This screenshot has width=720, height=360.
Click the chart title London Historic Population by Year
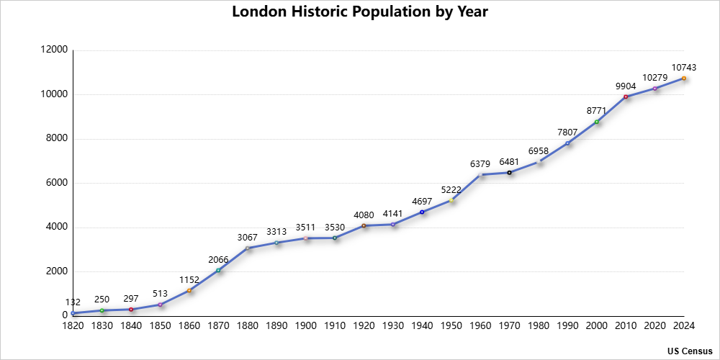[x=360, y=12]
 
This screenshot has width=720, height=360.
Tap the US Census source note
[x=689, y=351]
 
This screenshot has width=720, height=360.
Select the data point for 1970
[x=509, y=173]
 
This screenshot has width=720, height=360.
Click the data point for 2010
[x=626, y=96]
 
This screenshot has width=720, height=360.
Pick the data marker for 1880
[x=248, y=248]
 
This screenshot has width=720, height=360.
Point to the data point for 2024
[x=684, y=78]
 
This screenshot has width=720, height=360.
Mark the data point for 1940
[x=422, y=212]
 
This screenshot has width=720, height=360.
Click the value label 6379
[x=480, y=163]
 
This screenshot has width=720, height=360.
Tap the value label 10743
[x=684, y=67]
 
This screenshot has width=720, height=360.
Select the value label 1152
[x=189, y=279]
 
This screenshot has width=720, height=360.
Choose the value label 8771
[x=597, y=111]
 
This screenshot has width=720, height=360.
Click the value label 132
[x=73, y=302]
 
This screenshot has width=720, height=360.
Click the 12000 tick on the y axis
[x=56, y=50]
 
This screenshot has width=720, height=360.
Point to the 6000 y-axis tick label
[x=58, y=183]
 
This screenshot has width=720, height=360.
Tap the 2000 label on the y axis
[x=58, y=271]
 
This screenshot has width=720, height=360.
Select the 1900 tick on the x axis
[x=305, y=326]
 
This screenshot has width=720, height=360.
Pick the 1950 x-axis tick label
[x=451, y=326]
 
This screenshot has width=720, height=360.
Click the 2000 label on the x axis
[x=596, y=326]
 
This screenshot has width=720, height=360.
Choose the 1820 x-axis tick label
[x=73, y=326]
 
